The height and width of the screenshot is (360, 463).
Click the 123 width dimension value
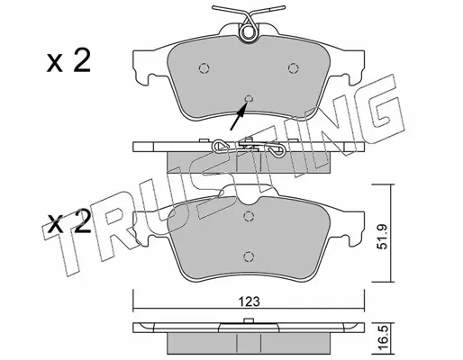coord(250,301)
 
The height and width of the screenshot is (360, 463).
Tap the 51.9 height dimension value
coord(383,237)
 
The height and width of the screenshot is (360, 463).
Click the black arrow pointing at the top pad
coord(238,116)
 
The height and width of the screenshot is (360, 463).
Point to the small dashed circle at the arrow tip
coord(249,99)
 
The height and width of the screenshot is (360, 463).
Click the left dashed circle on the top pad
coord(204,68)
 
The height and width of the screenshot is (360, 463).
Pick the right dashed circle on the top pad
coord(293,68)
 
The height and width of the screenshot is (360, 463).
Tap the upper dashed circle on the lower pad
coord(248,216)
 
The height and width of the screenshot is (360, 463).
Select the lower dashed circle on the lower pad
coord(248,256)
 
